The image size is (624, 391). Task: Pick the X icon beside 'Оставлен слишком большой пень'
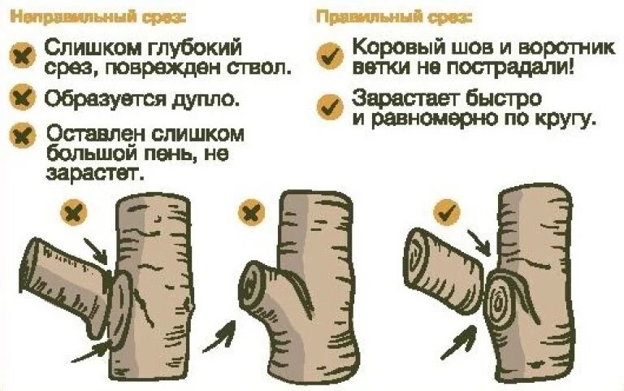pos(24,135)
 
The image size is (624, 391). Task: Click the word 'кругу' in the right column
pos(565,120)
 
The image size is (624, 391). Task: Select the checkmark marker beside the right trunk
pos(447,212)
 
